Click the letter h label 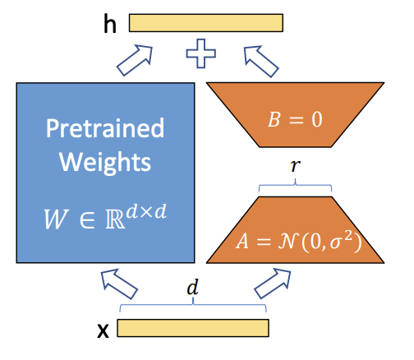(110, 24)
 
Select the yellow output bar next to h (206, 23)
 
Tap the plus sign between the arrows (200, 53)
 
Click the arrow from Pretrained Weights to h (135, 60)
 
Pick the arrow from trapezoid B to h (261, 61)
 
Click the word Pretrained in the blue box (105, 128)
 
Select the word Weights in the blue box (105, 162)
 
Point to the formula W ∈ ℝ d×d (105, 216)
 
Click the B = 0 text (295, 119)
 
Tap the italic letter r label (296, 165)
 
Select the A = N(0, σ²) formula (298, 241)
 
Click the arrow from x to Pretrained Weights (119, 284)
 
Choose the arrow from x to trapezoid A (273, 284)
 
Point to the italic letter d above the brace (192, 288)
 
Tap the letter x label (103, 330)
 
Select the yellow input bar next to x (193, 328)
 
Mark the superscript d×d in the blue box (146, 211)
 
